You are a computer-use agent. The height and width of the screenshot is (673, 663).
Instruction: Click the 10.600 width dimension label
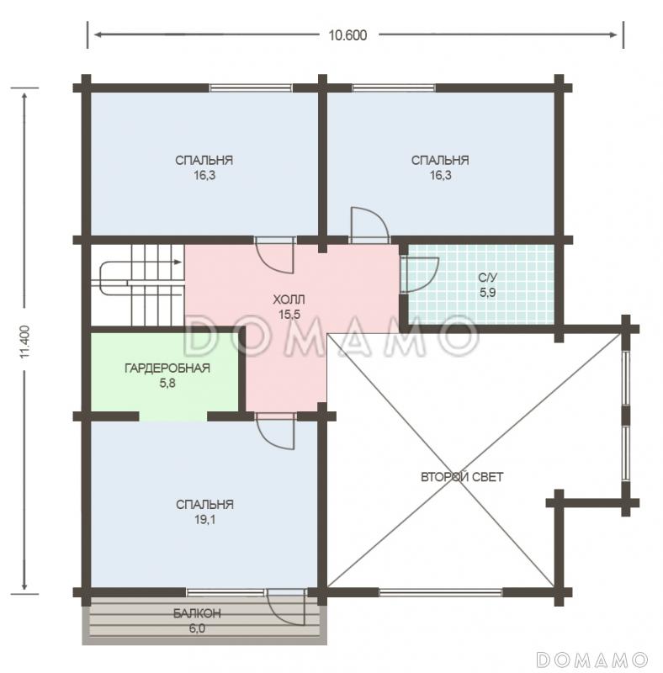347,35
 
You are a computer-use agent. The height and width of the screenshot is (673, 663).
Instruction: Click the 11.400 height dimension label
25,342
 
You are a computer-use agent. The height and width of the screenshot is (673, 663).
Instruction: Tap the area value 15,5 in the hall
289,315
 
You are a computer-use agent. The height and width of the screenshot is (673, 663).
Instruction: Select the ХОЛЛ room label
289,299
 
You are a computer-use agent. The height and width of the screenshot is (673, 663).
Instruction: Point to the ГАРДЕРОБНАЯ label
167,368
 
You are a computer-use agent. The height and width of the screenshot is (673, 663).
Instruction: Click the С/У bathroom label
488,278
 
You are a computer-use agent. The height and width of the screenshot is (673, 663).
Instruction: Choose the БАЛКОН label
197,613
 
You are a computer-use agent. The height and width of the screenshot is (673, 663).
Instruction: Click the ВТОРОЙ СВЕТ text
462,477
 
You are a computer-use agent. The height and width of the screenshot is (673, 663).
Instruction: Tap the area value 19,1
204,520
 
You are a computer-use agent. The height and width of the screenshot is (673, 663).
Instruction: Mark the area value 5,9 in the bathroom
488,293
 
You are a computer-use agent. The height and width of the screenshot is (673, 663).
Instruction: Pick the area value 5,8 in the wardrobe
167,383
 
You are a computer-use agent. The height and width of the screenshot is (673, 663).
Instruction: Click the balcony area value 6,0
197,628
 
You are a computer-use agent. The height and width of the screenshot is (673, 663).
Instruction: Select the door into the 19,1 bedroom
275,432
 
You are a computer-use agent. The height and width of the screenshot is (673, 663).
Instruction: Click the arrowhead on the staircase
177,262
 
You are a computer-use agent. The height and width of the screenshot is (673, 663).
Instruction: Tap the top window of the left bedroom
251,88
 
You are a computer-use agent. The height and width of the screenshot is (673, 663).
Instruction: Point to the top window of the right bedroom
394,88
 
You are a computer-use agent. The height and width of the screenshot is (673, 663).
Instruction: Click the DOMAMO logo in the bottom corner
591,660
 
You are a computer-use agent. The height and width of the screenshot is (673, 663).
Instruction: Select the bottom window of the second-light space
441,593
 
